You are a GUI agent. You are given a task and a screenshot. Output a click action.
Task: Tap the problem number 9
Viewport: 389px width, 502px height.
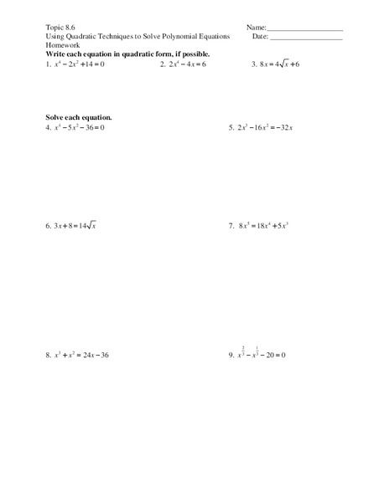231,355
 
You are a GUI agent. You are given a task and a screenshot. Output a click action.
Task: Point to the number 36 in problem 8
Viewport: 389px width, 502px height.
104,355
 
